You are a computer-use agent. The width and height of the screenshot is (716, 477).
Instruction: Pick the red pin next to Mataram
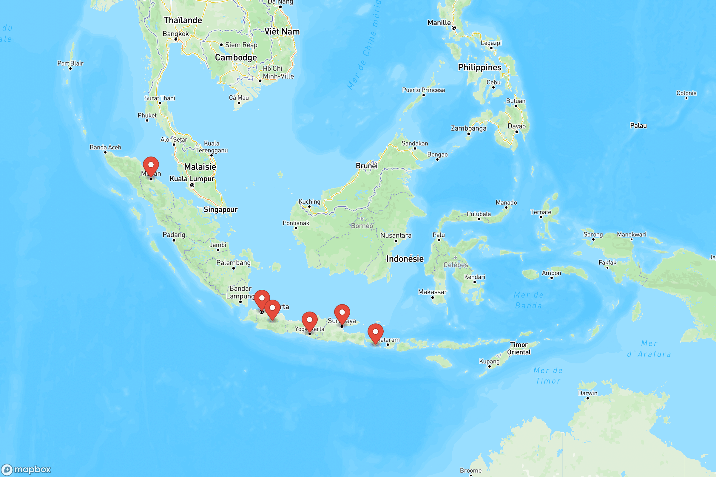point(375,332)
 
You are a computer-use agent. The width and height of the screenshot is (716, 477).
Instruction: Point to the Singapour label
point(220,209)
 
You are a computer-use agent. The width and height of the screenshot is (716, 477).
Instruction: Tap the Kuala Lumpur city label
point(192,179)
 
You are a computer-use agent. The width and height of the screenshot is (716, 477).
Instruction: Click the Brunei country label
point(367,166)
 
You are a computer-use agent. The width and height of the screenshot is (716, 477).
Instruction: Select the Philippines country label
point(479,67)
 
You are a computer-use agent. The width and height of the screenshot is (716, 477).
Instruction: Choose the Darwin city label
point(587,393)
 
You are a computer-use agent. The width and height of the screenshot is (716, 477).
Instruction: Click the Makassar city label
point(432,292)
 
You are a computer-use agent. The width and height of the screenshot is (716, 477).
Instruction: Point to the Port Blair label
point(70,63)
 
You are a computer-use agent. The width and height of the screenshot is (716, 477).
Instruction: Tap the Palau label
point(638,126)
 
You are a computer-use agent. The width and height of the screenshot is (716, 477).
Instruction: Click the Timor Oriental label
point(519,348)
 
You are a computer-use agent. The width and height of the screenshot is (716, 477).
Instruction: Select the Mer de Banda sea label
point(528,300)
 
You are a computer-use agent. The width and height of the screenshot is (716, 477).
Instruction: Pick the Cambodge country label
point(236,58)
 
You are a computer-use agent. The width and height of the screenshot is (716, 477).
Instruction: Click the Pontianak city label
point(296,223)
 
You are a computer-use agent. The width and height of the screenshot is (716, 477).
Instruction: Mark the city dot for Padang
point(174,240)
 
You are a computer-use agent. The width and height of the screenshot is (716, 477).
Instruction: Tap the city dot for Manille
point(453,28)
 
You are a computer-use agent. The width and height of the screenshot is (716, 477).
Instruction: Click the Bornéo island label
point(362,226)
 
